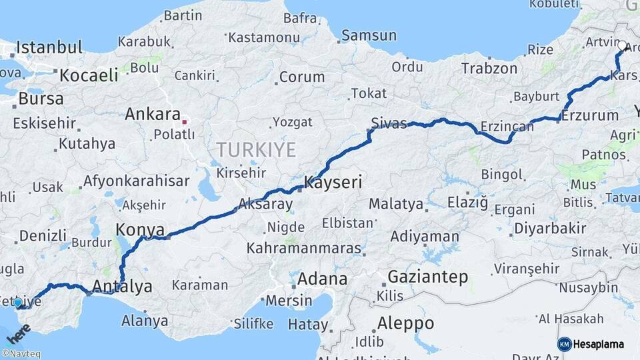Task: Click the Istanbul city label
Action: (49, 47)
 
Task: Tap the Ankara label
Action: (153, 114)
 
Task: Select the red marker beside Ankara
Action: (185, 122)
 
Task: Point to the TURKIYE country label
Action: (256, 150)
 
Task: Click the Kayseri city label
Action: (333, 182)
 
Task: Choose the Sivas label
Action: (389, 123)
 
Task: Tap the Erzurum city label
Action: (590, 115)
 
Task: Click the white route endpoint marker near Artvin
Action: (622, 46)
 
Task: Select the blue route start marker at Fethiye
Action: (18, 302)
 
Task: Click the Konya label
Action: (140, 230)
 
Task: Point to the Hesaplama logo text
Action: (599, 344)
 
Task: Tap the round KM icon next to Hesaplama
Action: (565, 344)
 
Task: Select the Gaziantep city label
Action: (427, 277)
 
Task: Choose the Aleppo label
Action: (405, 324)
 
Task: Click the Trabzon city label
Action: (489, 68)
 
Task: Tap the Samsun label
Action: (368, 36)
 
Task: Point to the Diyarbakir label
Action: (550, 229)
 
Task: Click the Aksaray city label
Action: (265, 204)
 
